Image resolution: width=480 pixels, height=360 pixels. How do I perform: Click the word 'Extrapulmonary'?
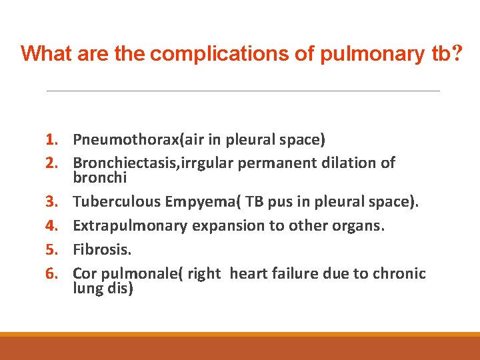(x=130, y=225)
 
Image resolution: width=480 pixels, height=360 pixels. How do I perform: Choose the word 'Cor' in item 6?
(x=85, y=273)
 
